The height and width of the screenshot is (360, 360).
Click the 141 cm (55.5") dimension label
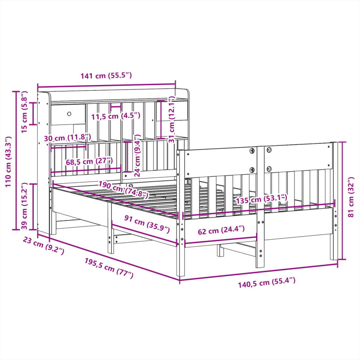pos(106,76)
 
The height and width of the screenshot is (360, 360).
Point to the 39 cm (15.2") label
pos(24,206)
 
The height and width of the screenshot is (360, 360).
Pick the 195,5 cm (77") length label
pos(109,268)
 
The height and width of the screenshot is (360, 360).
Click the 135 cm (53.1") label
pos(261,199)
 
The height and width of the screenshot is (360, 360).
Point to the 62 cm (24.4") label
pos(221,231)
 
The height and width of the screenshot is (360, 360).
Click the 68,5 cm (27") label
pos(89,162)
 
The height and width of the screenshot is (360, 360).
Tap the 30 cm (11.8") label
pos(67,137)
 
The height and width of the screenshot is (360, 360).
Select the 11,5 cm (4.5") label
pos(116,116)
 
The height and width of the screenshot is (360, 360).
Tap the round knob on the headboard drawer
pos(69,114)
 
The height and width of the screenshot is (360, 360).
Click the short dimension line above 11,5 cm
pos(116,105)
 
